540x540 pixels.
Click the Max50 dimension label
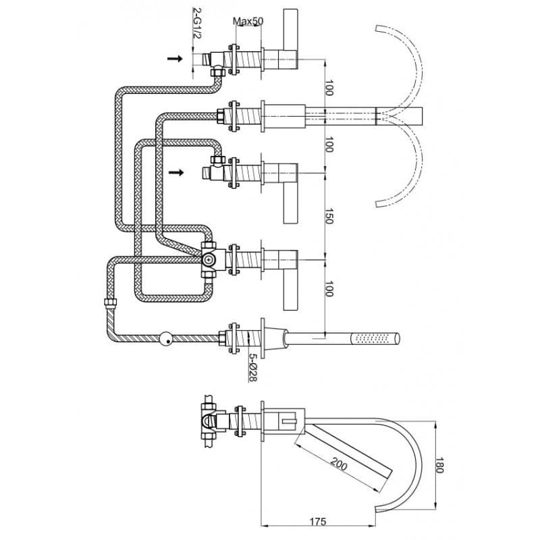[x=248, y=22]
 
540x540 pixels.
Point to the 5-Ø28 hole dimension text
[x=253, y=368]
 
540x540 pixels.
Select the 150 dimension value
[x=329, y=216]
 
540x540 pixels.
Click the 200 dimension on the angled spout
[x=339, y=464]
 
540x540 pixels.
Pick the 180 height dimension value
[x=439, y=465]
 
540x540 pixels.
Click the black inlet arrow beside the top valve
[x=175, y=59]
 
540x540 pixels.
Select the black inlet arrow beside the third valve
[x=176, y=172]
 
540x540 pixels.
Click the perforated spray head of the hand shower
[x=375, y=338]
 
